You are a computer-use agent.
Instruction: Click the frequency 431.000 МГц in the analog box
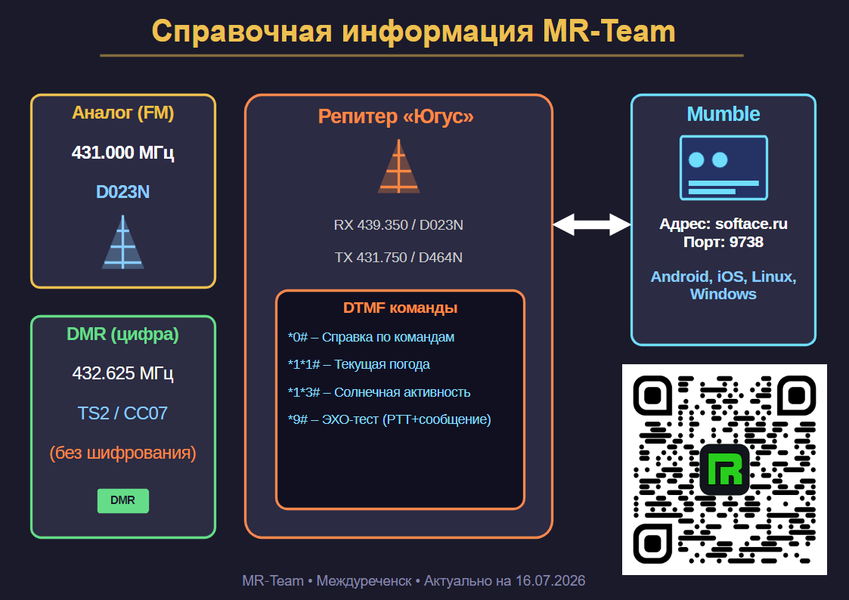(123, 153)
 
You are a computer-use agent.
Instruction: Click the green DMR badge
(123, 500)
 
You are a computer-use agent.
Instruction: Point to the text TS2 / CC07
(122, 413)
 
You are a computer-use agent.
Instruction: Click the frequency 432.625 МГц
(123, 373)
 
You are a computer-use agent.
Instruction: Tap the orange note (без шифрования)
(123, 453)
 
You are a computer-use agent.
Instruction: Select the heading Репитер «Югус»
(396, 116)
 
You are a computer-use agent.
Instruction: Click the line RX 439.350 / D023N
(398, 225)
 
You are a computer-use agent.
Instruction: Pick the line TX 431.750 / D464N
(398, 258)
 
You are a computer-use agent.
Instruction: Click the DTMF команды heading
(400, 308)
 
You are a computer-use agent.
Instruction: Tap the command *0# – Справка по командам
(371, 337)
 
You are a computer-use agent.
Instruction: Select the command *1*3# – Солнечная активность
(379, 392)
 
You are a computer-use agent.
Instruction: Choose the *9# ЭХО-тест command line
(389, 419)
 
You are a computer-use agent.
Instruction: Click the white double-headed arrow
(592, 224)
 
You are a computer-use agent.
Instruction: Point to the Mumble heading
(724, 114)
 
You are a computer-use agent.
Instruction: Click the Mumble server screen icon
(724, 168)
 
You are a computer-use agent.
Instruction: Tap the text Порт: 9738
(724, 242)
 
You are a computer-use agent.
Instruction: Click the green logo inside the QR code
(724, 469)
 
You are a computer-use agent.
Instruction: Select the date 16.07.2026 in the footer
(550, 581)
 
